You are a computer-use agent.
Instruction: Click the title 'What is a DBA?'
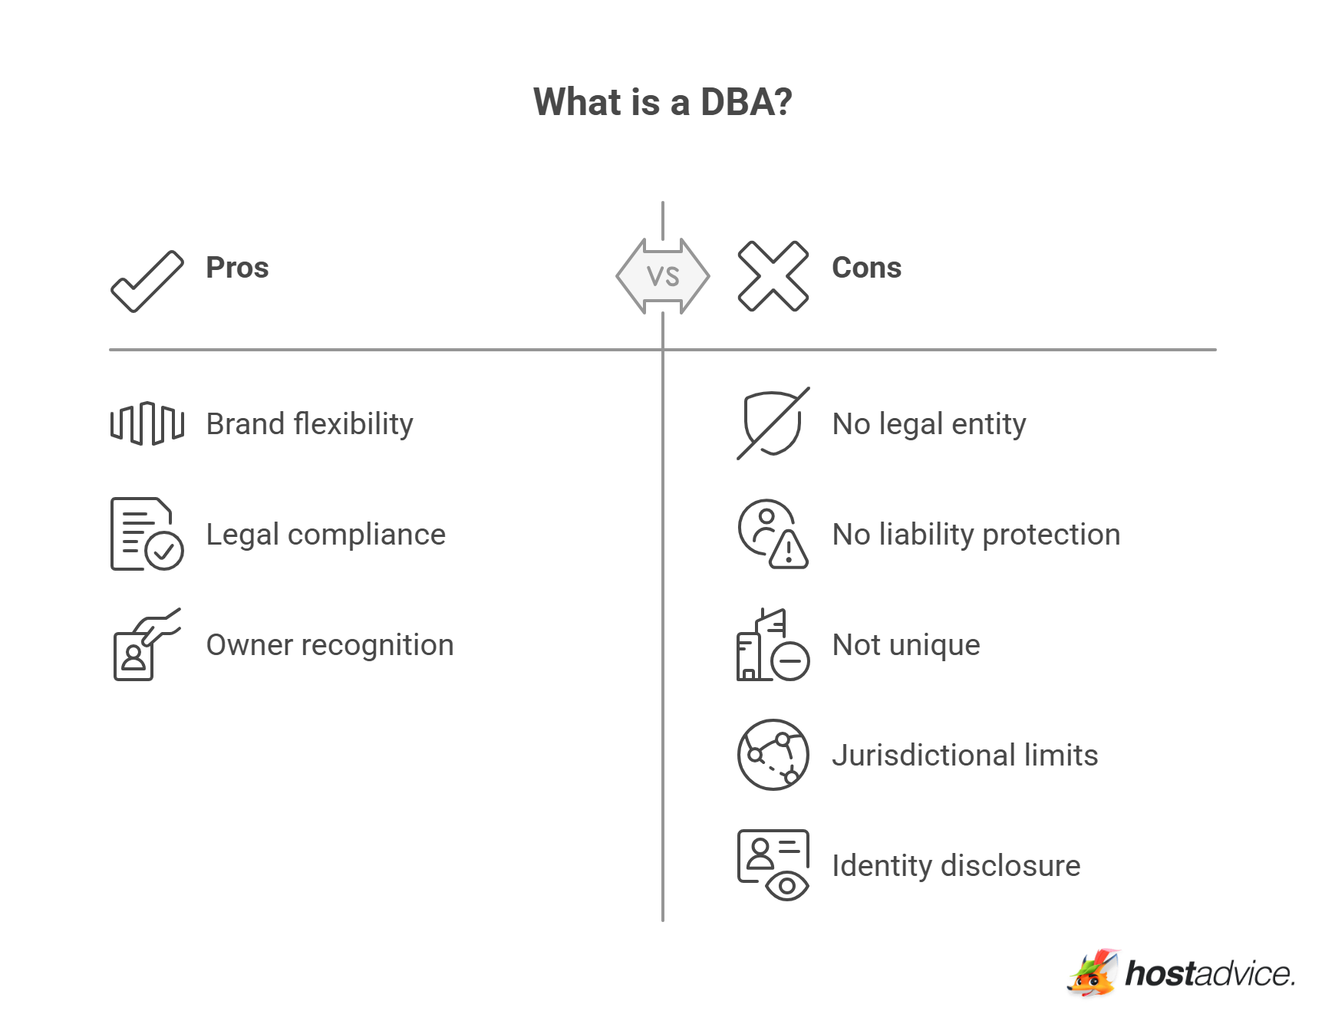pyautogui.click(x=662, y=102)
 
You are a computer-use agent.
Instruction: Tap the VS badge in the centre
pyautogui.click(x=663, y=276)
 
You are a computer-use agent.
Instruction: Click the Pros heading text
pyautogui.click(x=237, y=268)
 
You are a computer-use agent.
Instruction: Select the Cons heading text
pyautogui.click(x=866, y=268)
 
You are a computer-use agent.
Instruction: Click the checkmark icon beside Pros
pyautogui.click(x=147, y=281)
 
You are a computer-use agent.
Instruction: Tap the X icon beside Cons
pyautogui.click(x=773, y=276)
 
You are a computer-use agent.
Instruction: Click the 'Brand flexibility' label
pyautogui.click(x=309, y=424)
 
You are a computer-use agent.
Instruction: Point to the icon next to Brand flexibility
pyautogui.click(x=147, y=423)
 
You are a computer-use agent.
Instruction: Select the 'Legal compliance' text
pyautogui.click(x=325, y=535)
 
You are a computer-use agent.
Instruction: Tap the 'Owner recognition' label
pyautogui.click(x=330, y=645)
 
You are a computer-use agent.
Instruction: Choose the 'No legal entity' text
pyautogui.click(x=928, y=424)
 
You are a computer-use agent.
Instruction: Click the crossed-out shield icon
pyautogui.click(x=773, y=423)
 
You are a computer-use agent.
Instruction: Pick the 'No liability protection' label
pyautogui.click(x=976, y=535)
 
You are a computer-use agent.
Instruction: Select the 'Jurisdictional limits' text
pyautogui.click(x=964, y=756)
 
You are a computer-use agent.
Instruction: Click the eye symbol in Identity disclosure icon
pyautogui.click(x=787, y=886)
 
